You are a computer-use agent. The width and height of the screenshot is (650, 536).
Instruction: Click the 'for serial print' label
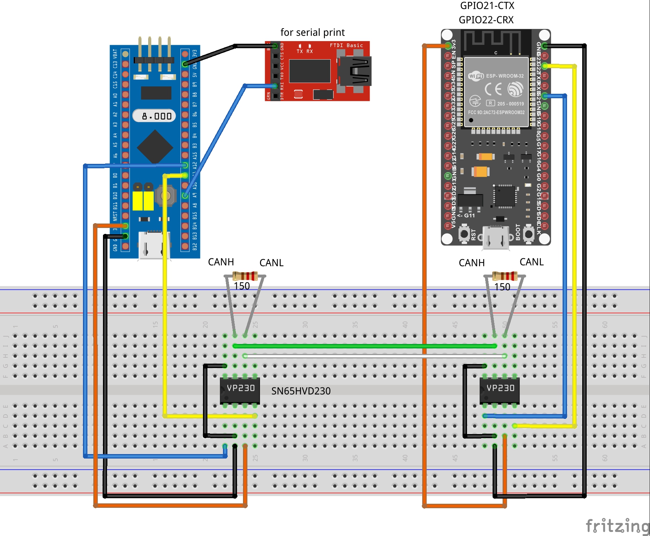(x=312, y=33)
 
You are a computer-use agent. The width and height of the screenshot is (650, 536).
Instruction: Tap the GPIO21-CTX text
(x=487, y=6)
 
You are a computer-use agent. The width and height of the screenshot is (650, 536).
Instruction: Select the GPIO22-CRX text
(x=486, y=20)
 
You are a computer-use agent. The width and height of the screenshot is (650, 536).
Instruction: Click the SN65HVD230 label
(x=301, y=391)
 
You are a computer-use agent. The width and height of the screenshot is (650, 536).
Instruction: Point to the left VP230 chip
(x=240, y=390)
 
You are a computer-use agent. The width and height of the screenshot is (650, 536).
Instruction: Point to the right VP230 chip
(x=500, y=390)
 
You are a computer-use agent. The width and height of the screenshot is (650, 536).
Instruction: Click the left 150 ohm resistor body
(x=245, y=276)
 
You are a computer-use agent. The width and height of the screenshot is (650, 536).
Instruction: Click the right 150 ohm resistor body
(x=505, y=276)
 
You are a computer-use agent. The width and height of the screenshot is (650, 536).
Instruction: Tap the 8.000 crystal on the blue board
(x=154, y=116)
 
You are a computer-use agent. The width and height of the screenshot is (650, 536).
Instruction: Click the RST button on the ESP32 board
(x=464, y=234)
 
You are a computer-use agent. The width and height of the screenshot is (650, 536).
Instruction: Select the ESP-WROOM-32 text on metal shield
(x=505, y=76)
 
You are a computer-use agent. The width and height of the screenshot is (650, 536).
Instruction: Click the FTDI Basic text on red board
(x=346, y=46)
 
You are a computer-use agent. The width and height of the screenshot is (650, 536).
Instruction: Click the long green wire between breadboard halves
(x=365, y=346)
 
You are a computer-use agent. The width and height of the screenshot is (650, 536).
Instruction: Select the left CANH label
(x=221, y=262)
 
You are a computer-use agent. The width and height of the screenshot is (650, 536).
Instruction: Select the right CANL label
(x=531, y=262)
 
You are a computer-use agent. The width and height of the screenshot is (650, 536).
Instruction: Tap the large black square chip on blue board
(x=155, y=147)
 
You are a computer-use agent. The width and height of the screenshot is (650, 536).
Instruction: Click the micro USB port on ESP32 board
(x=496, y=238)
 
